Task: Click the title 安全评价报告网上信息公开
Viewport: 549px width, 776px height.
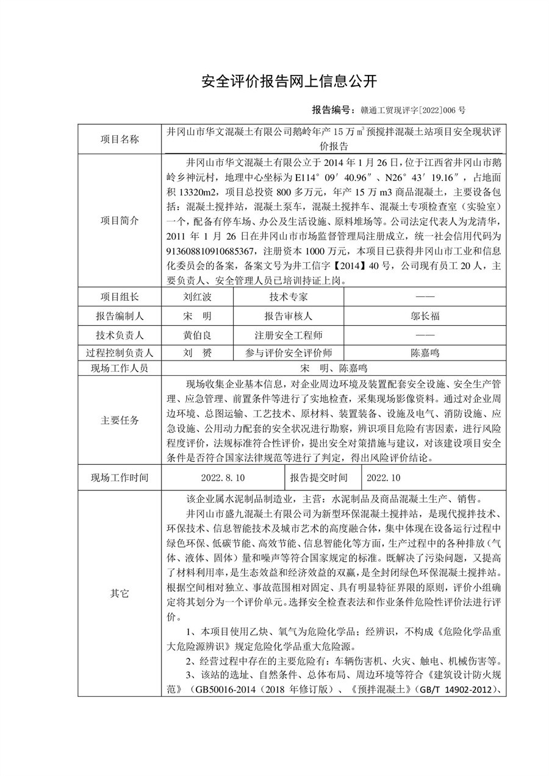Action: click(290, 81)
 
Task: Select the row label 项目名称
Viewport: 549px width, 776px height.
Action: click(120, 138)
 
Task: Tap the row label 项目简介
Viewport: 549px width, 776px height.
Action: click(120, 220)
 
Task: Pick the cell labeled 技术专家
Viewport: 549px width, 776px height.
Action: click(289, 297)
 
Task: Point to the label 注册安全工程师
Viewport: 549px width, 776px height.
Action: click(289, 335)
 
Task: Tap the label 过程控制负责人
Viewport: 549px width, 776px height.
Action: click(120, 353)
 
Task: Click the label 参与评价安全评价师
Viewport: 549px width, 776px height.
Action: click(289, 353)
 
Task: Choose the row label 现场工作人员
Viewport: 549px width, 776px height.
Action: click(120, 368)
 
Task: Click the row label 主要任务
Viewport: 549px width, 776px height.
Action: click(120, 420)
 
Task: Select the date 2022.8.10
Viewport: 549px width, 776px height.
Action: click(222, 477)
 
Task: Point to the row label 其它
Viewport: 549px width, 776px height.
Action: click(120, 593)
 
